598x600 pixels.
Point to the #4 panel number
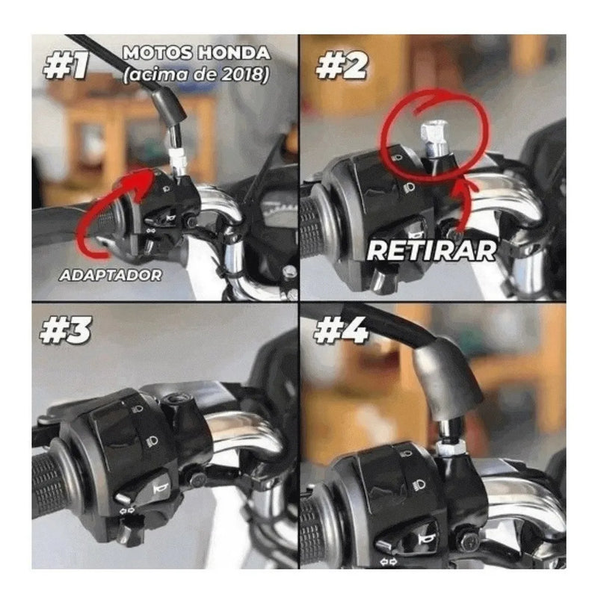pos(341,330)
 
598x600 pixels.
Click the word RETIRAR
pos(431,250)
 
